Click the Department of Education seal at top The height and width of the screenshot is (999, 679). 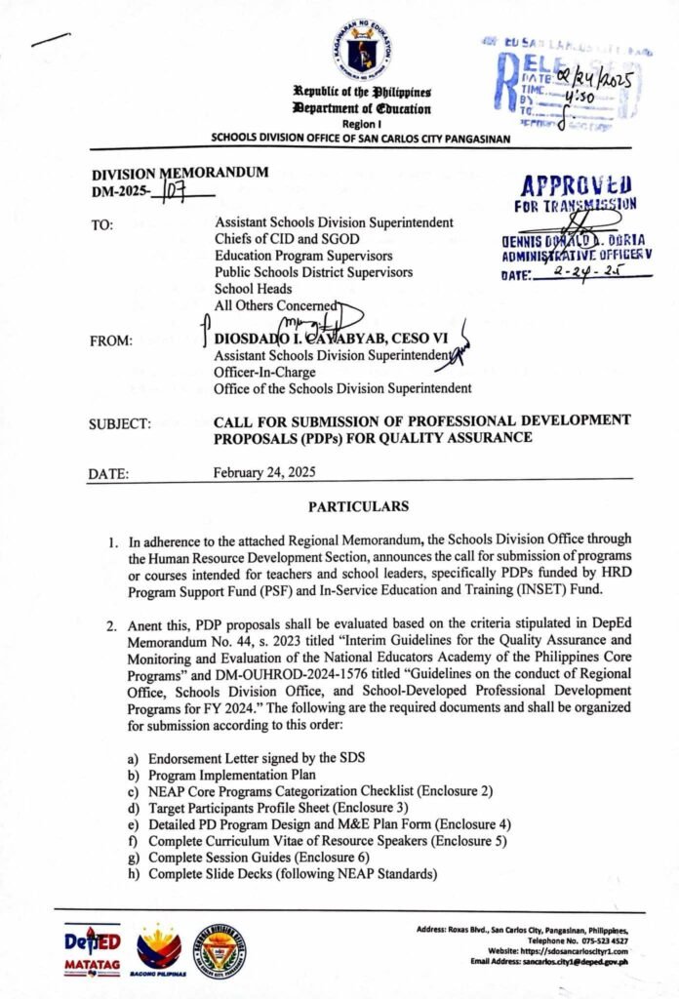[x=353, y=53]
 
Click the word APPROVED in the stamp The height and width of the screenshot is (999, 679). [x=570, y=185]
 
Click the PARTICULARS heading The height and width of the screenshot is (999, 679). [x=359, y=507]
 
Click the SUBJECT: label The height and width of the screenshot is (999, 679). [x=120, y=423]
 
